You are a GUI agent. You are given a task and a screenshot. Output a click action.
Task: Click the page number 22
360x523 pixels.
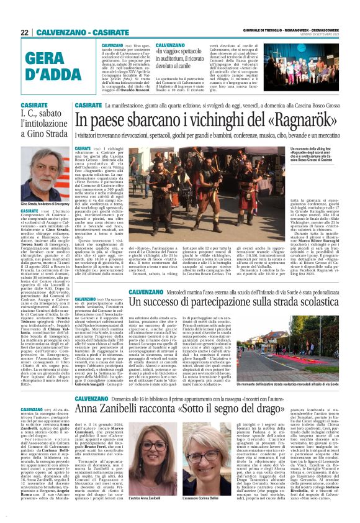[x=25, y=32]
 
